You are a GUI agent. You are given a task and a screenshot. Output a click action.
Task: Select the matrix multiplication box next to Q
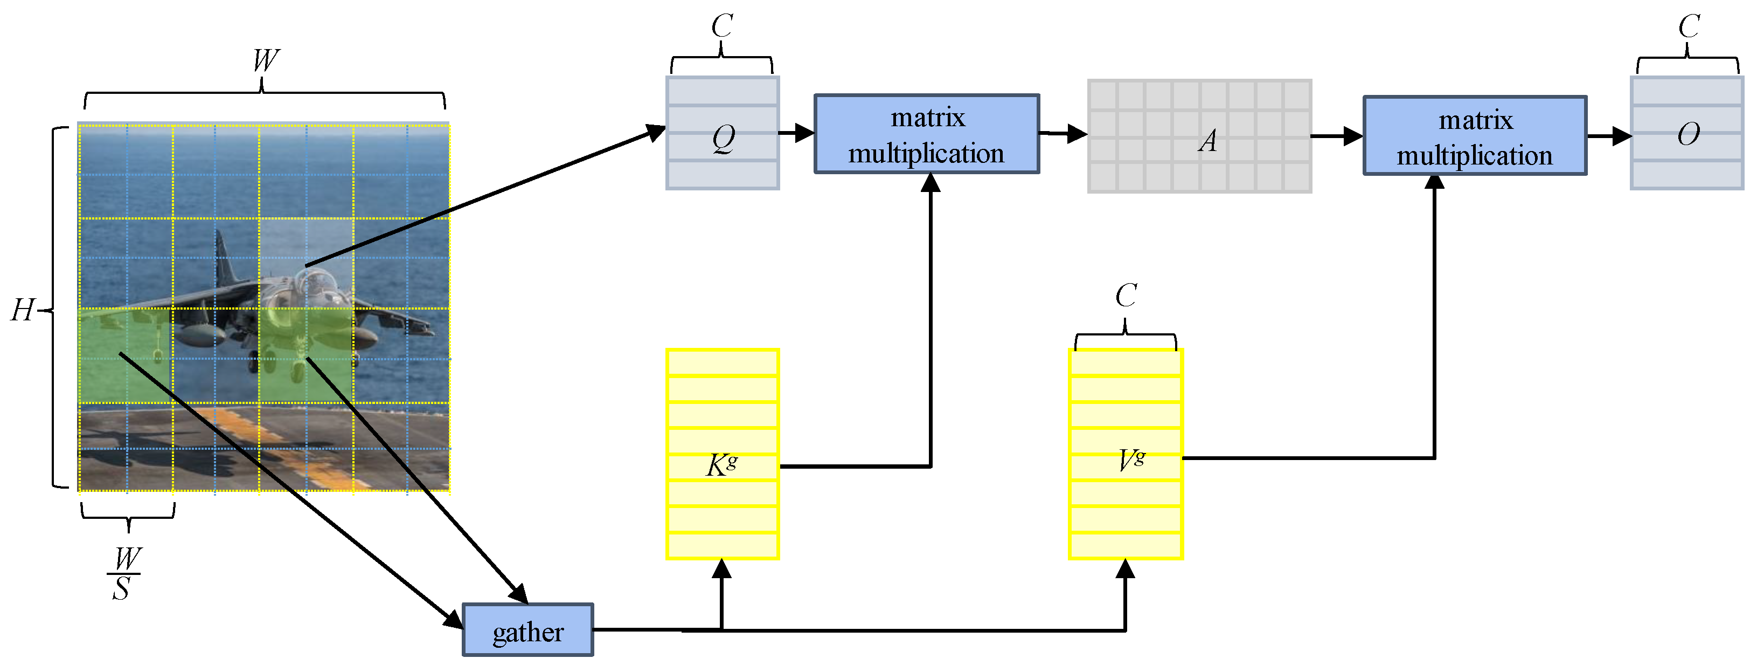coord(926,134)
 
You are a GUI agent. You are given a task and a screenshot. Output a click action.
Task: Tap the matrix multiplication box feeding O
coord(1474,136)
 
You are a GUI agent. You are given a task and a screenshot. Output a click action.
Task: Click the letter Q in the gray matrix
coord(724,138)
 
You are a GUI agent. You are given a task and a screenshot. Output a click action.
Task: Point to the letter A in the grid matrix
coord(1207,141)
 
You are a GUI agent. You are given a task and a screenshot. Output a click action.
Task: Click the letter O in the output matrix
coord(1688,134)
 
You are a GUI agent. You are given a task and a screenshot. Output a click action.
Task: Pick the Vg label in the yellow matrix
coord(1131,461)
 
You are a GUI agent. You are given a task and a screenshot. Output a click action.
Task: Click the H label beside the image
coord(23,311)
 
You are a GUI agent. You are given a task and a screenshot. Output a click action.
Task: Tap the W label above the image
coord(265,60)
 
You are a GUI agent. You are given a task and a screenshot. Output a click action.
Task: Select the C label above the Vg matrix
coord(1126,296)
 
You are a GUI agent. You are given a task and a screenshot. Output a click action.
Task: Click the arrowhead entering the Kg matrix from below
coord(721,568)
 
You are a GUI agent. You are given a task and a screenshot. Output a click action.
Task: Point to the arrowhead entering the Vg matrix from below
coord(1125,568)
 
